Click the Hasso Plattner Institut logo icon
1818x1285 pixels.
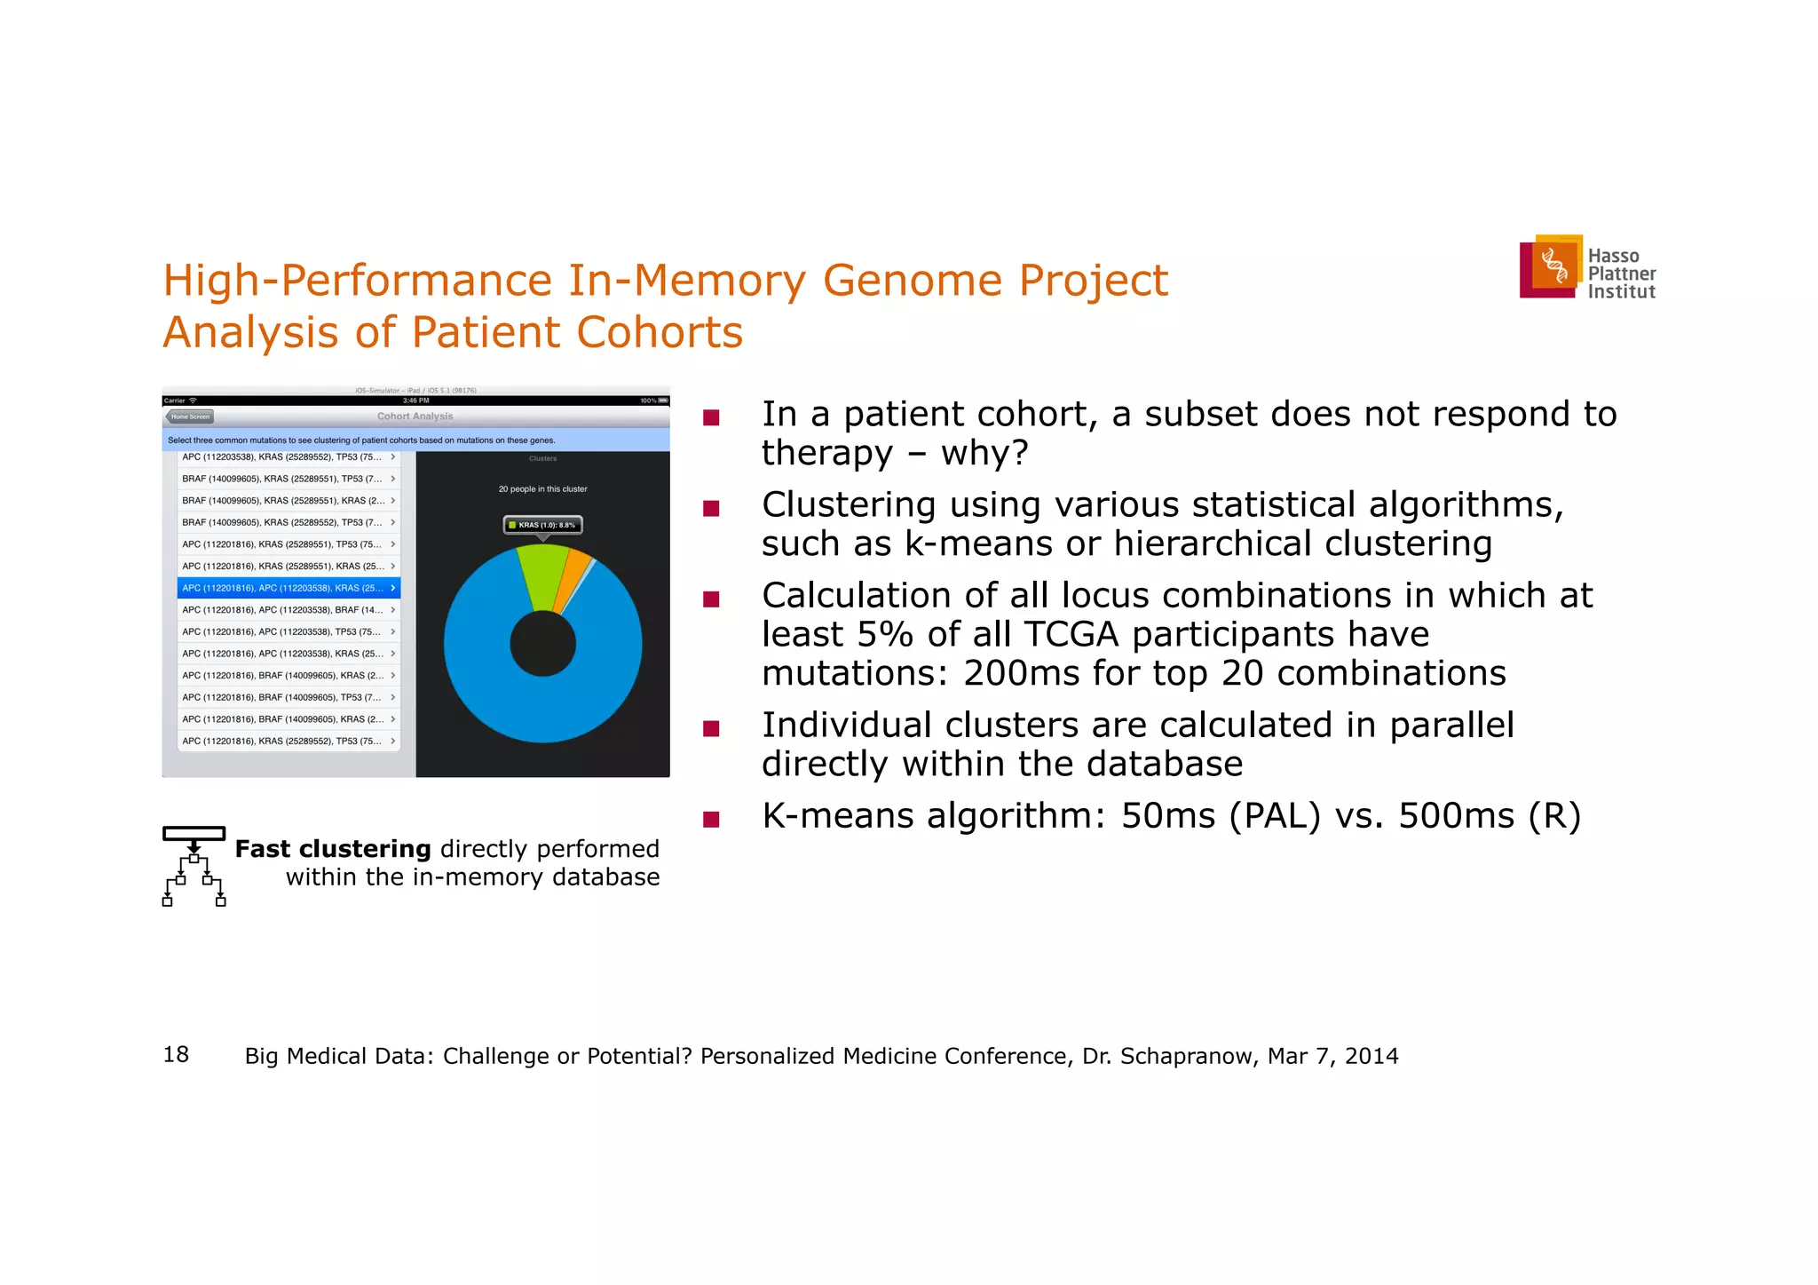[x=1552, y=266]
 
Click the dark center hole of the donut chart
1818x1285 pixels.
[x=542, y=644]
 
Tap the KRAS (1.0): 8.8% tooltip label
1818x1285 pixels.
[x=542, y=525]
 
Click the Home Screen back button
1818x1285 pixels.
[x=190, y=416]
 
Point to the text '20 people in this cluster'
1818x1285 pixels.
[x=542, y=489]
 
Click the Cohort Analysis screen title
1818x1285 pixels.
[x=415, y=416]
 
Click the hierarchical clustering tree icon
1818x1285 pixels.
[x=194, y=866]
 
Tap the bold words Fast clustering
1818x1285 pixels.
[x=333, y=849]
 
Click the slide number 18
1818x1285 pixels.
[x=176, y=1054]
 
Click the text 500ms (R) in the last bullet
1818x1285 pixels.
[x=1490, y=815]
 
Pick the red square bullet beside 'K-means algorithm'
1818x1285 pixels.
[x=710, y=819]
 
